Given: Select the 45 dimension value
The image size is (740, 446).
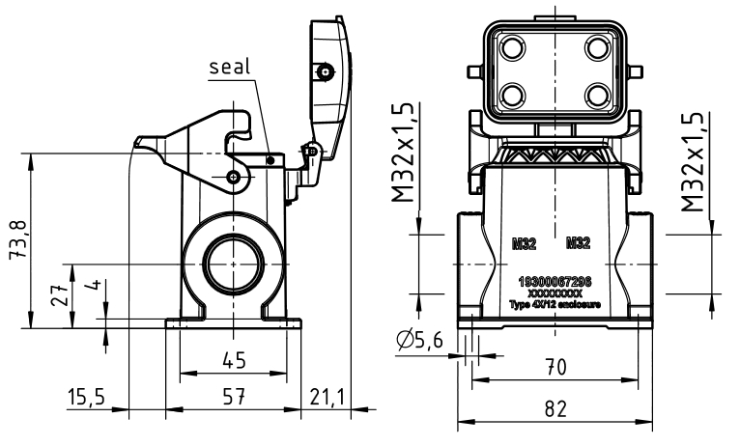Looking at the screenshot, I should point(233,360).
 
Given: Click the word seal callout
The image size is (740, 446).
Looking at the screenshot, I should point(229,68).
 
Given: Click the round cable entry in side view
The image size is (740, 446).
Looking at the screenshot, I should point(232,262).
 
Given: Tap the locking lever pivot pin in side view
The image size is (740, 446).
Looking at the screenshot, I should point(236,176).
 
